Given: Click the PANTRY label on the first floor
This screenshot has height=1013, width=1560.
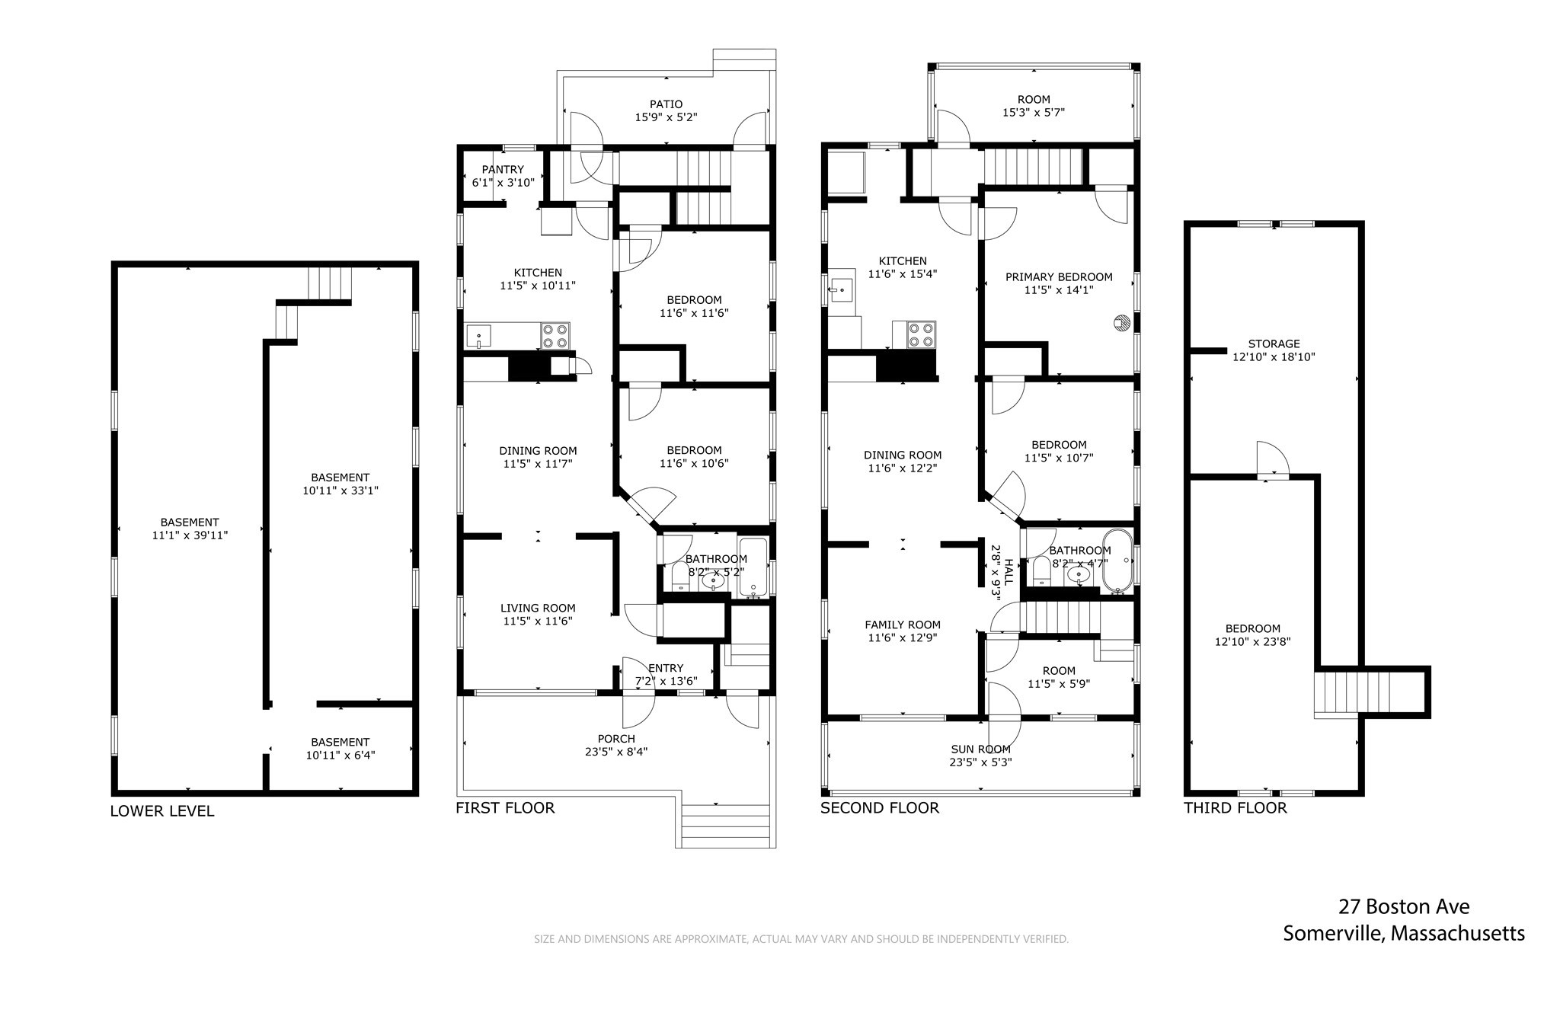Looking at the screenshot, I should pyautogui.click(x=503, y=169).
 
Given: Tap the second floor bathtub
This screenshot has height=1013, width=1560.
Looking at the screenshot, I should pyautogui.click(x=1117, y=560).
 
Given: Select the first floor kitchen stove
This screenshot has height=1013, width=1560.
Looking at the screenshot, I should pyautogui.click(x=555, y=336).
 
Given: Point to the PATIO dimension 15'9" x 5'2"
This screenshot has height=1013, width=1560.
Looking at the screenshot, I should pyautogui.click(x=666, y=117).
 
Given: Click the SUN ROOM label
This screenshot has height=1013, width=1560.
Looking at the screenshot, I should pyautogui.click(x=980, y=749).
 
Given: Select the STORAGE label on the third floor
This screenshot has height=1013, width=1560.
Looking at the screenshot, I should pyautogui.click(x=1274, y=344).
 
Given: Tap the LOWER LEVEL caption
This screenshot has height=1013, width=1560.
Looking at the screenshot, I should pyautogui.click(x=162, y=811).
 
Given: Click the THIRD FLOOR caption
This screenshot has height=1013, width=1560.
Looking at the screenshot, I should pyautogui.click(x=1235, y=808).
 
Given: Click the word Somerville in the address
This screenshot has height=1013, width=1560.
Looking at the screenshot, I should pyautogui.click(x=1331, y=933).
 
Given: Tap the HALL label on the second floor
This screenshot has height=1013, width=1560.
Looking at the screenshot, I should pyautogui.click(x=1009, y=571).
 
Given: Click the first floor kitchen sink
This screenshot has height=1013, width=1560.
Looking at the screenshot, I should pyautogui.click(x=479, y=335).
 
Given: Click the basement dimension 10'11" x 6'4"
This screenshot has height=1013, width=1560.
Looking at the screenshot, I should pyautogui.click(x=340, y=756).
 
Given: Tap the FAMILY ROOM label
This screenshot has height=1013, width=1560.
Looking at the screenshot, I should pyautogui.click(x=903, y=625).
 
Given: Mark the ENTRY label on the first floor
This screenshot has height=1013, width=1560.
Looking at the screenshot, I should pyautogui.click(x=666, y=668).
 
